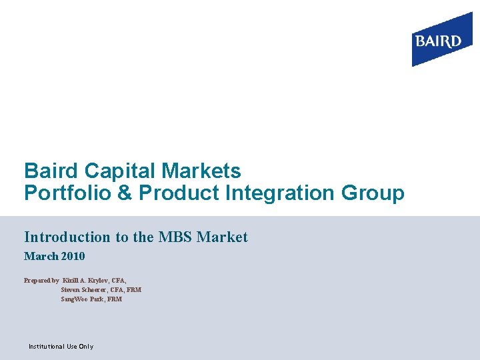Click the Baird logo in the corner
(437, 42)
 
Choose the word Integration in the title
(265, 193)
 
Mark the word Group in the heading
(372, 193)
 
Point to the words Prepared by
(41, 281)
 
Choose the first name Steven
(71, 290)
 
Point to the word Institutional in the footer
(46, 347)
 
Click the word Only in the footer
(86, 347)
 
